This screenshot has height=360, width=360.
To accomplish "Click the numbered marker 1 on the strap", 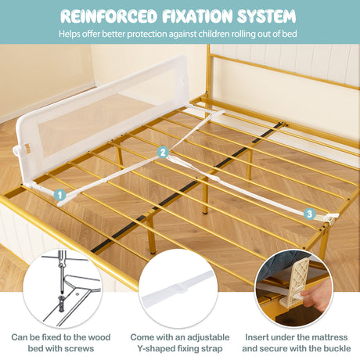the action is [60, 195].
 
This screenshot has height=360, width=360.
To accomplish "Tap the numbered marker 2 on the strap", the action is [163, 152].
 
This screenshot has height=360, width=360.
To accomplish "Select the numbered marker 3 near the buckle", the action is [309, 214].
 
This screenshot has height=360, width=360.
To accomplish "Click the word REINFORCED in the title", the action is [109, 16].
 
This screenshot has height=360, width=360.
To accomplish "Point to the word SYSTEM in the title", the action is [266, 16].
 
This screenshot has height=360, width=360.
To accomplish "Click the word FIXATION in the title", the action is [197, 16].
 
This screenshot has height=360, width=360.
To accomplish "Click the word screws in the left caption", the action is [79, 348].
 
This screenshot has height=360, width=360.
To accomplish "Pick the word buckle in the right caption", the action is [337, 348].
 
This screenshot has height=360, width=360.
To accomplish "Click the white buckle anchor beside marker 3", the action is [329, 218].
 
